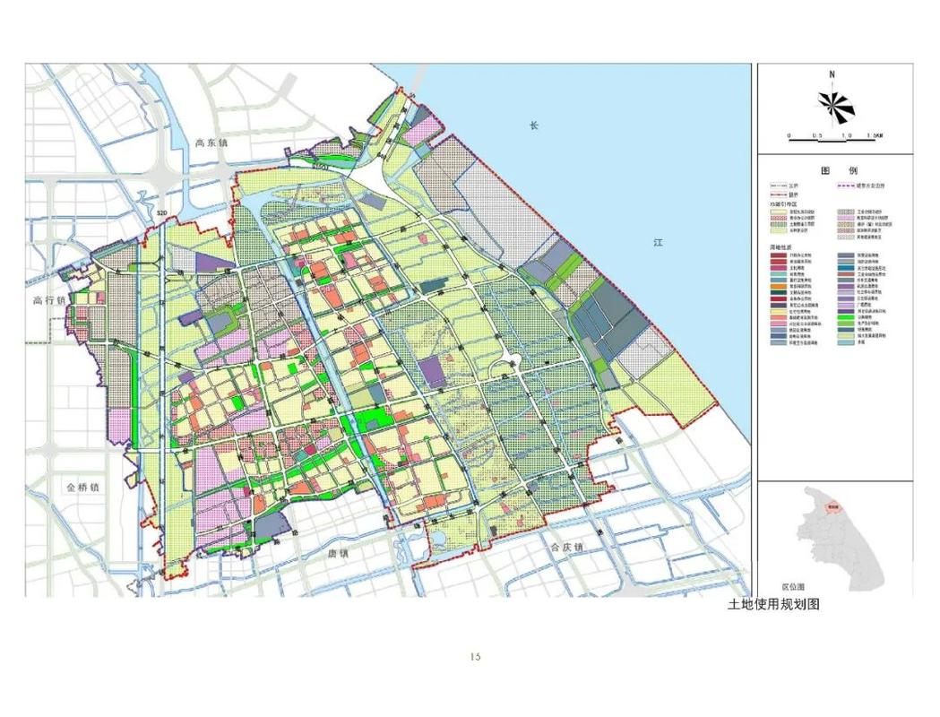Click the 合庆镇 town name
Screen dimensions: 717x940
pyautogui.click(x=566, y=547)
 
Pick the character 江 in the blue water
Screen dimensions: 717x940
pyautogui.click(x=657, y=243)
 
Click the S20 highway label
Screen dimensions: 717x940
pyautogui.click(x=161, y=212)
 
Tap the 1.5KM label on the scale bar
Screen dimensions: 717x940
pyautogui.click(x=875, y=137)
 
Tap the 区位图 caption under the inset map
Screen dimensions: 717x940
pyautogui.click(x=777, y=584)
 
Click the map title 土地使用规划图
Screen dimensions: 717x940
pyautogui.click(x=773, y=604)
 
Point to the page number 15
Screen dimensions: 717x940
pyautogui.click(x=475, y=657)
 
